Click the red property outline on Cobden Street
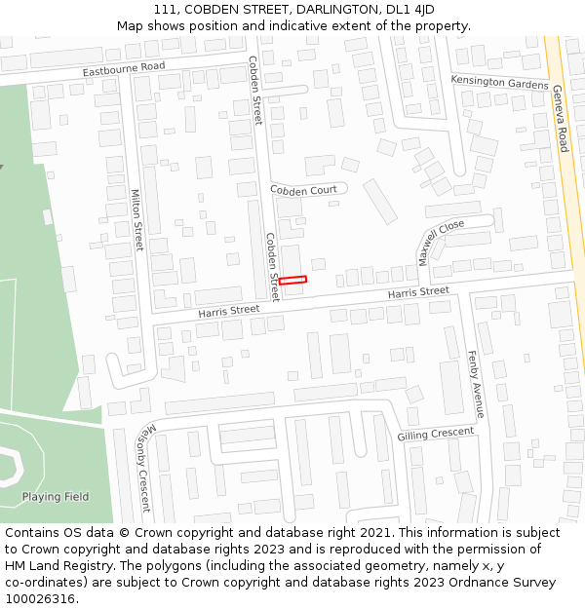(x=292, y=280)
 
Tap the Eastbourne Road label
(x=124, y=69)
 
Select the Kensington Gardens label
(x=499, y=83)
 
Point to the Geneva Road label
(x=561, y=118)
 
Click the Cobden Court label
(x=303, y=190)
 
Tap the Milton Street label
(x=136, y=219)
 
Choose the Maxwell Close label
(x=442, y=240)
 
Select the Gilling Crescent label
(x=436, y=434)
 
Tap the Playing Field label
(x=56, y=497)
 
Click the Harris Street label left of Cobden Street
(x=229, y=310)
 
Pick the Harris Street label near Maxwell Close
(x=418, y=292)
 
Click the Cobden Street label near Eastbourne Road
(x=255, y=90)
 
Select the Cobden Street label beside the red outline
(x=273, y=266)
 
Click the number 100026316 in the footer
(x=41, y=598)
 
